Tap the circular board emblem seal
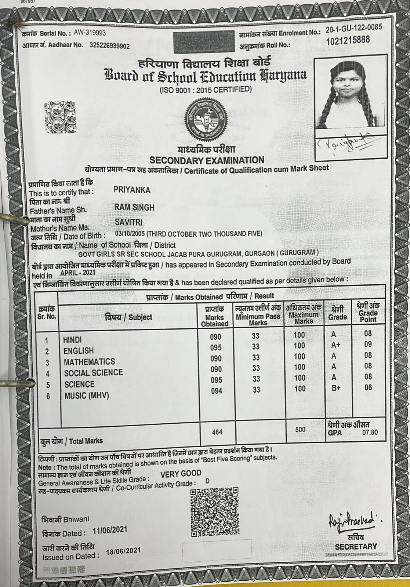click(x=206, y=117)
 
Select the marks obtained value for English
click(x=216, y=347)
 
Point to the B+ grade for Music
click(x=336, y=388)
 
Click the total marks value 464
click(x=217, y=432)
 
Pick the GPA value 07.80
click(x=370, y=432)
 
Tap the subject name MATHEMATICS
click(x=89, y=362)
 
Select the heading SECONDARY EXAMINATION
click(x=207, y=160)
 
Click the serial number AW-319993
click(x=90, y=33)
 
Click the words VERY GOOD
click(x=181, y=473)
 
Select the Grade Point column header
click(x=368, y=313)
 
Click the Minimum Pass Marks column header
click(x=258, y=316)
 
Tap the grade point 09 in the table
click(x=368, y=344)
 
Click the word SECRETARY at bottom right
click(x=356, y=547)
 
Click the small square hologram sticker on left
click(x=60, y=117)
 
